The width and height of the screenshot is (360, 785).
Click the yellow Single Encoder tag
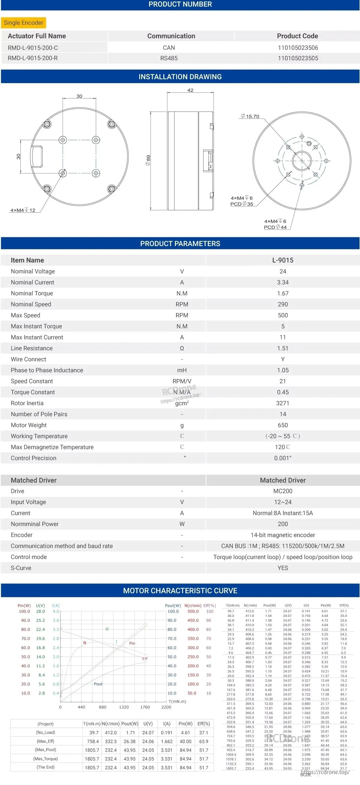click(23, 23)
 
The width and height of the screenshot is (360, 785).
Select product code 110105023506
click(298, 48)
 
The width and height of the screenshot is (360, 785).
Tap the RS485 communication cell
click(169, 58)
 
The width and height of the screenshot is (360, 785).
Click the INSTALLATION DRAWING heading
click(180, 77)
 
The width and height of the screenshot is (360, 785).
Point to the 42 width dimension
click(190, 90)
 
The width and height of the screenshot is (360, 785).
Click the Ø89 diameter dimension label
click(148, 160)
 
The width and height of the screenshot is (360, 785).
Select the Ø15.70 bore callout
click(250, 116)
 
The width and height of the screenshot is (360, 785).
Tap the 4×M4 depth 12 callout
click(23, 210)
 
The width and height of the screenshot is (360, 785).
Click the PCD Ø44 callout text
click(275, 227)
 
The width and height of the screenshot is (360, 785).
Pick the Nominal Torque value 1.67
click(283, 293)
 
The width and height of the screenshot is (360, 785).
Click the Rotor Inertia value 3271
click(283, 403)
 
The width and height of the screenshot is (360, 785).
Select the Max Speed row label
click(25, 315)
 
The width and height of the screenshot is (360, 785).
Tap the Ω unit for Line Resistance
click(182, 348)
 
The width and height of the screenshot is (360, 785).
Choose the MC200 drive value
click(283, 491)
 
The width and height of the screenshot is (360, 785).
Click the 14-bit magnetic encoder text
click(283, 535)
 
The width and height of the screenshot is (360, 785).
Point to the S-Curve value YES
click(283, 568)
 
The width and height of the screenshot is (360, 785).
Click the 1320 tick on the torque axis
click(124, 707)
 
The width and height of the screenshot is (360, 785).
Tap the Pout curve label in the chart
click(98, 684)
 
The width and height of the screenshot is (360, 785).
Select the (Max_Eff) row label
click(45, 741)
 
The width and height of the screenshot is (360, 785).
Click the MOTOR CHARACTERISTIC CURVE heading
click(180, 591)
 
